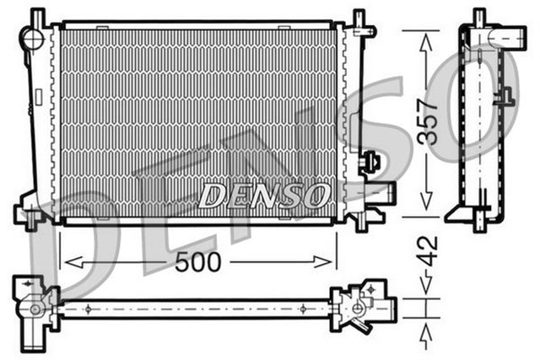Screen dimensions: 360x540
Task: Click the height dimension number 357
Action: tap(430, 121)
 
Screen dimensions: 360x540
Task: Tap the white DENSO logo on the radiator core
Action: tap(263, 196)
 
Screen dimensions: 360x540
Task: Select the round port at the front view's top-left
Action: tap(32, 38)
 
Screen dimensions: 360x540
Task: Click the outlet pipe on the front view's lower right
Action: tap(382, 192)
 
